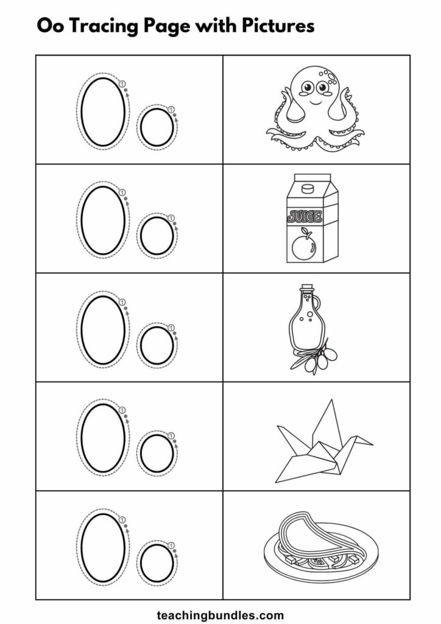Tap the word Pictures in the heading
(278, 26)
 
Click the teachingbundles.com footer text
(220, 615)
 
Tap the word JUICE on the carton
(305, 217)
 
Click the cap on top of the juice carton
(306, 188)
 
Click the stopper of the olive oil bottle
(306, 288)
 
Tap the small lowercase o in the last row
(157, 562)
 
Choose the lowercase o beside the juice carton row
(157, 236)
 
